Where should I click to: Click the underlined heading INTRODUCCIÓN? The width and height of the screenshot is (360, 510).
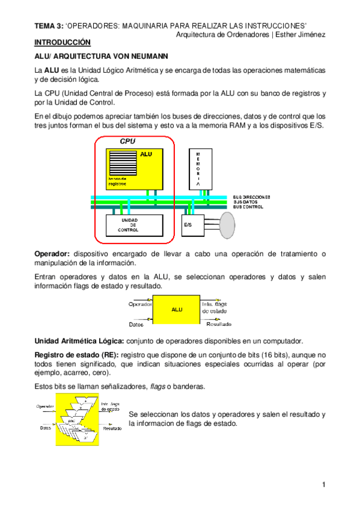tap(62, 43)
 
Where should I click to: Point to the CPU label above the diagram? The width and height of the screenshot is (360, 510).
tap(127, 141)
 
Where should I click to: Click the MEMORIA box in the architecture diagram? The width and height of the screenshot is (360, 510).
tap(198, 168)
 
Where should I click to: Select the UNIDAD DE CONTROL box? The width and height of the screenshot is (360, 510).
tap(128, 225)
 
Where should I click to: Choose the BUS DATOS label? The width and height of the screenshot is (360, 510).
tap(246, 202)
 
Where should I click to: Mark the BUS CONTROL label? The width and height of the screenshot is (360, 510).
tap(248, 207)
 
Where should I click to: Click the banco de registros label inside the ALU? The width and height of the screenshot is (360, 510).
tap(118, 182)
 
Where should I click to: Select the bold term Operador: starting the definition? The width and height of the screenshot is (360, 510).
tap(52, 254)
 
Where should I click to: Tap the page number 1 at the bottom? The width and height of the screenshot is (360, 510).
tap(323, 485)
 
